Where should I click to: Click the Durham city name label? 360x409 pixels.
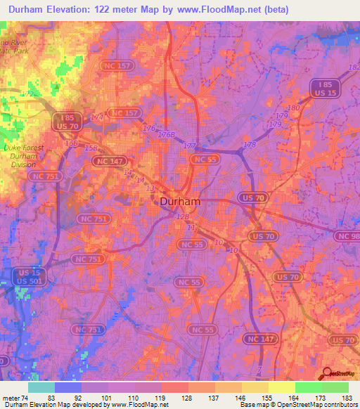pyautogui.click(x=176, y=201)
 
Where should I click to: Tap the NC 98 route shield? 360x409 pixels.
pyautogui.click(x=349, y=237)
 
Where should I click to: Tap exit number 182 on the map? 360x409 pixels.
pyautogui.click(x=354, y=67)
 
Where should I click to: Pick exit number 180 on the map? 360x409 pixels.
pyautogui.click(x=292, y=108)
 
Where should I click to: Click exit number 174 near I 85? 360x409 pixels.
pyautogui.click(x=96, y=117)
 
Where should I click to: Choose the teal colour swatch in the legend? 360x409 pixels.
pyautogui.click(x=41, y=387)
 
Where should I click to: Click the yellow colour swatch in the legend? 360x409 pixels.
pyautogui.click(x=281, y=387)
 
